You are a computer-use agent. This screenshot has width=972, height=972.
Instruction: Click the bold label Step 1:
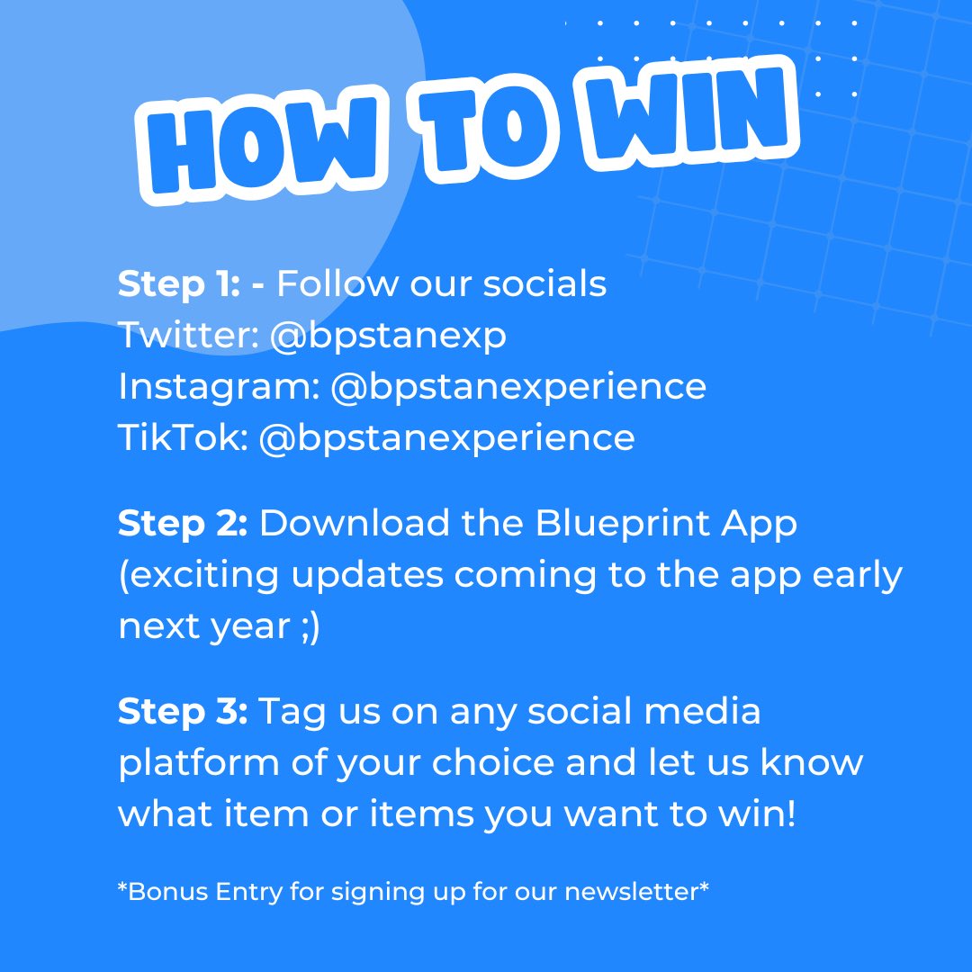[x=178, y=284]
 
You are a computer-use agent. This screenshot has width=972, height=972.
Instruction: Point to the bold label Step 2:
[x=182, y=524]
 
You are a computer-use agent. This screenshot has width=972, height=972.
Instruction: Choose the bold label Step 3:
[x=182, y=712]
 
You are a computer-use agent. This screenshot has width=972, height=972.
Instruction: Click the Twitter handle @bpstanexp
[x=387, y=336]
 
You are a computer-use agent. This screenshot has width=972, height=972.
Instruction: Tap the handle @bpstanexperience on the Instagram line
[x=517, y=387]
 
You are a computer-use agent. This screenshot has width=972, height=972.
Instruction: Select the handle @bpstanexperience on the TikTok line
[x=446, y=438]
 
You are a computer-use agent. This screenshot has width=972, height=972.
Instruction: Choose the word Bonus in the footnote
[x=162, y=893]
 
